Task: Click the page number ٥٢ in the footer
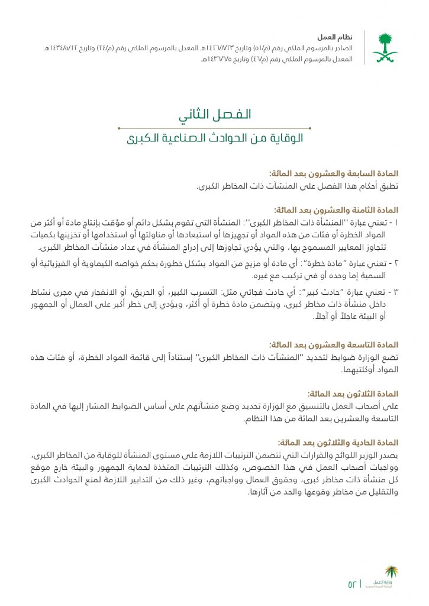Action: tap(353, 584)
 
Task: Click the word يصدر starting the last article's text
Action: tap(388, 454)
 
